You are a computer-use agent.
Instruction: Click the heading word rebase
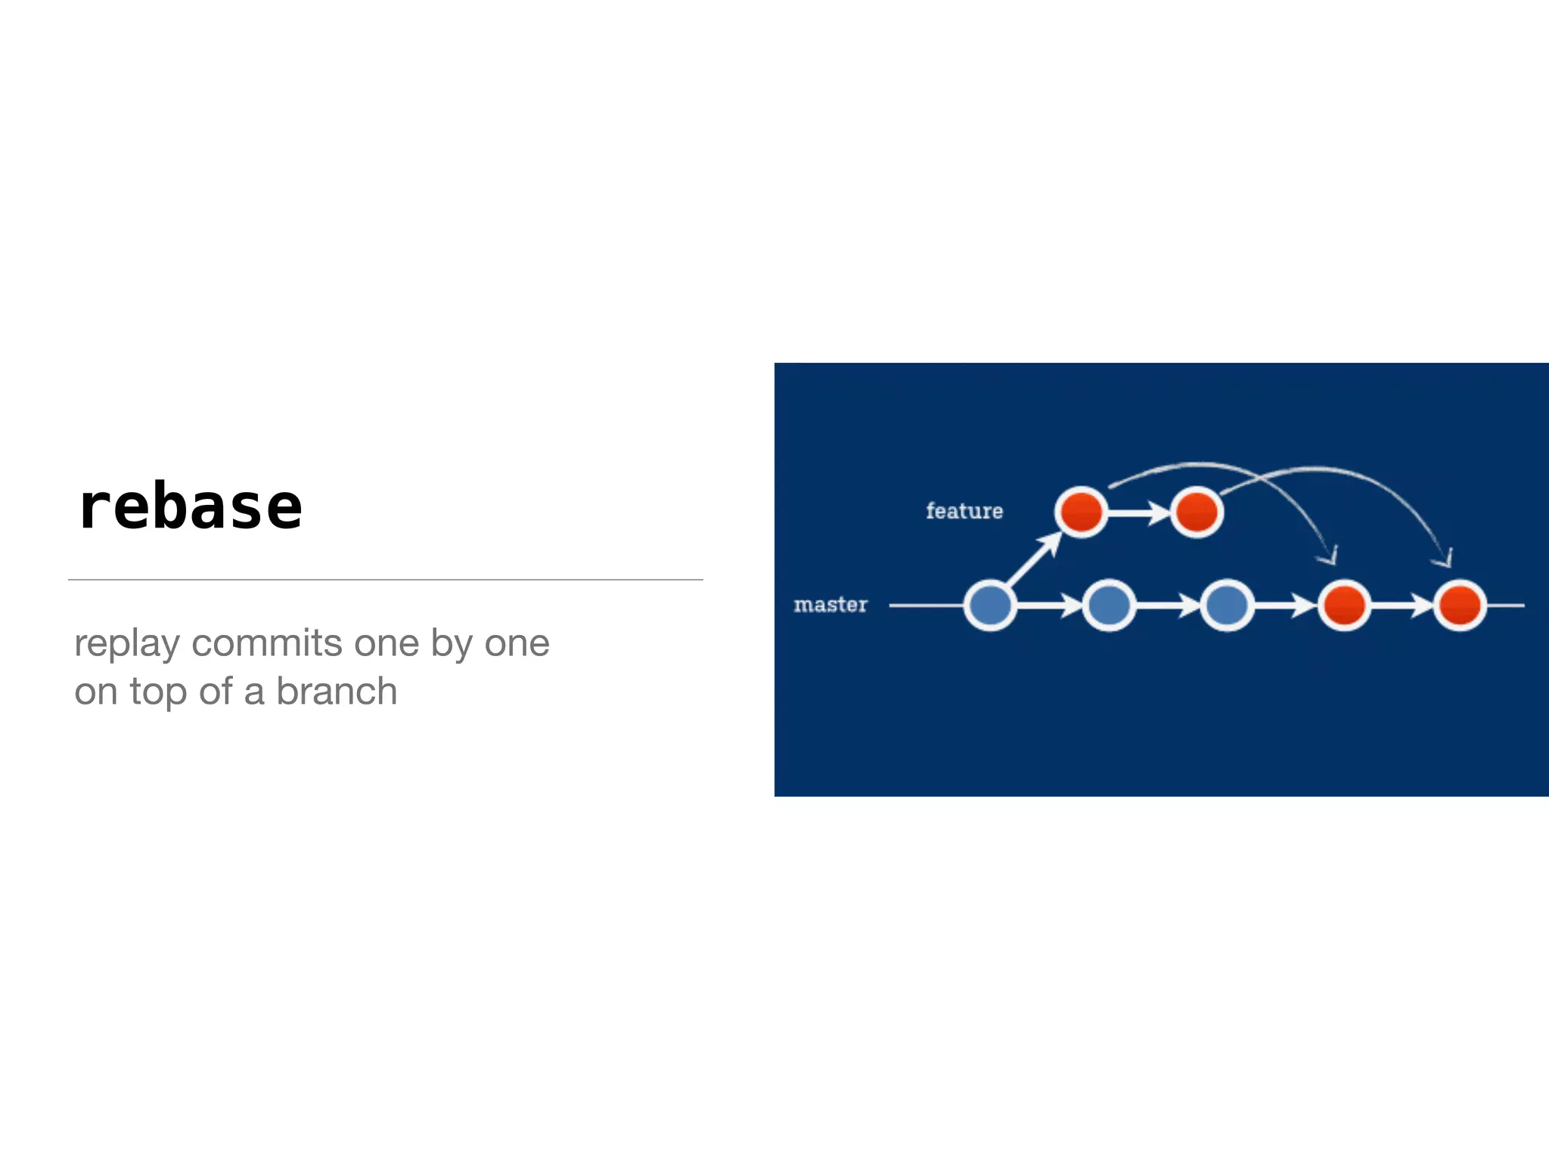click(x=190, y=507)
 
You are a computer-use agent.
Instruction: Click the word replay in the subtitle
click(x=127, y=644)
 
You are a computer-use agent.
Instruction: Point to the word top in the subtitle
click(x=157, y=692)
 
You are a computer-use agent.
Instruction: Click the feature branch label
click(x=964, y=511)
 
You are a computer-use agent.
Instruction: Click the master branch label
click(x=830, y=605)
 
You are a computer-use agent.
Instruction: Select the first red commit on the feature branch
click(x=1081, y=512)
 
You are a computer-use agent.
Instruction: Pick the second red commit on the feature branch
click(x=1197, y=512)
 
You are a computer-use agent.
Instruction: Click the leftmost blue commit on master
click(x=990, y=605)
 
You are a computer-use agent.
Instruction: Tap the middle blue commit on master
click(x=1109, y=605)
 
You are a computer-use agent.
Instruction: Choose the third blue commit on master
click(x=1227, y=605)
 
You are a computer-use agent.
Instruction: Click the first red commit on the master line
click(x=1344, y=605)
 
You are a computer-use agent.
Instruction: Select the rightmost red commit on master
click(x=1460, y=605)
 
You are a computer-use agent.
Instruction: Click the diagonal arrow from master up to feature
click(x=1033, y=560)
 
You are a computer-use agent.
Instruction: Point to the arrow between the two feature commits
click(x=1139, y=512)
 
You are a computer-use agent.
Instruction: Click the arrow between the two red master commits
click(x=1402, y=605)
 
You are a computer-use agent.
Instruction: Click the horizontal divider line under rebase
click(x=386, y=580)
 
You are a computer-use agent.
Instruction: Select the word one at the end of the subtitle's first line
click(x=517, y=643)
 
